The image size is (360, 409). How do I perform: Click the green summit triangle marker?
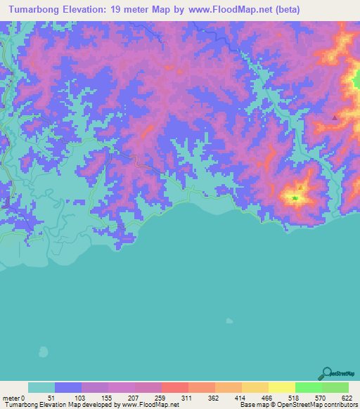295,198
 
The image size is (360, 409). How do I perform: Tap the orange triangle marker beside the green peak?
300,188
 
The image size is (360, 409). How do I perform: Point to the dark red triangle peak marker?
335,117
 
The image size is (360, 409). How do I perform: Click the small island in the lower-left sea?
44,351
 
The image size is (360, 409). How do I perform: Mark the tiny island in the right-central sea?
229,322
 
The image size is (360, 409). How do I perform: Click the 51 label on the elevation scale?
51,397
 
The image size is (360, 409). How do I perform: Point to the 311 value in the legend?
186,397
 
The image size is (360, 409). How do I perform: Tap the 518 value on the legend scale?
293,397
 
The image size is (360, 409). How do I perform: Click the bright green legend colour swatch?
308,387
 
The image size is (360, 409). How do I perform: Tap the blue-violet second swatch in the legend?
68,387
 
